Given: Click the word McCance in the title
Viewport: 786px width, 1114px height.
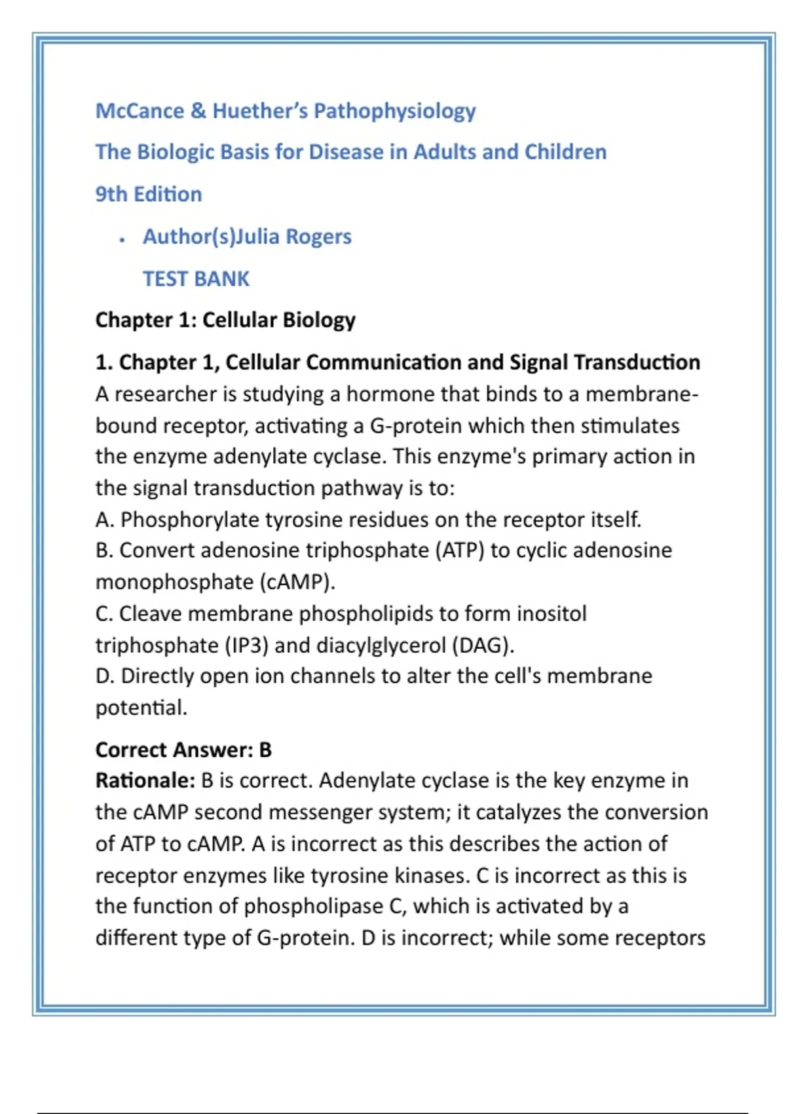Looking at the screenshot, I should [x=140, y=111].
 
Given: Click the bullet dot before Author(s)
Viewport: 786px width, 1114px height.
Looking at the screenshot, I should [x=122, y=240].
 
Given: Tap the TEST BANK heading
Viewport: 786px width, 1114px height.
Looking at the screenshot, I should [x=196, y=278].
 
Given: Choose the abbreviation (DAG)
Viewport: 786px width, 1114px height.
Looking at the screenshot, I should [x=482, y=645].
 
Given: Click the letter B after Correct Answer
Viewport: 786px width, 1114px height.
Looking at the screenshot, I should [x=265, y=750].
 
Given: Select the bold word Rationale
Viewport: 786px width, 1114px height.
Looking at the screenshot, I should [x=145, y=780].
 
